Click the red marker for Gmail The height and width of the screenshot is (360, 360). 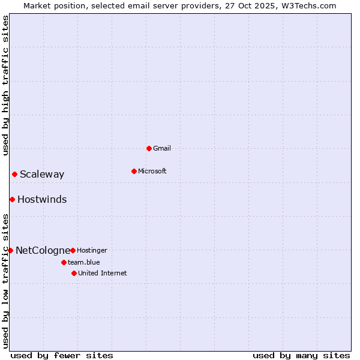click(x=149, y=148)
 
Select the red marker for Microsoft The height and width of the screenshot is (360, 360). click(x=134, y=171)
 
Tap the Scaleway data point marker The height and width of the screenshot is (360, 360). click(x=14, y=174)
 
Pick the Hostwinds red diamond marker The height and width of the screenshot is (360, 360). click(x=12, y=199)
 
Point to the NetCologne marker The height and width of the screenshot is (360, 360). click(x=10, y=250)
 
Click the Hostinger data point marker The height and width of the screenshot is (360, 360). click(x=73, y=250)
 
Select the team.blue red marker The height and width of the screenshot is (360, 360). click(x=64, y=262)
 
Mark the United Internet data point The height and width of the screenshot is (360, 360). click(x=74, y=273)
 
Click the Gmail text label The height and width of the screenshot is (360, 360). click(x=162, y=148)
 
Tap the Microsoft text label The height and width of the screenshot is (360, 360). click(x=152, y=171)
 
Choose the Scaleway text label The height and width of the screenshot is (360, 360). click(x=42, y=175)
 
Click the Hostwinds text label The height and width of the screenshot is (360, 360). click(x=42, y=200)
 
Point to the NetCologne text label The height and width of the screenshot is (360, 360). click(x=43, y=250)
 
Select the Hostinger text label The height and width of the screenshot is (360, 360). click(x=92, y=250)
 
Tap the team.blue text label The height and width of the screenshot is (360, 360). click(x=84, y=262)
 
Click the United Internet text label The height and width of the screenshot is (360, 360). click(x=103, y=273)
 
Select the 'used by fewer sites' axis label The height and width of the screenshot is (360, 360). click(x=62, y=355)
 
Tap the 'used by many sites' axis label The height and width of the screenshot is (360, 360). click(x=301, y=355)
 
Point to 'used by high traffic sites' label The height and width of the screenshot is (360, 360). click(x=6, y=85)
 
